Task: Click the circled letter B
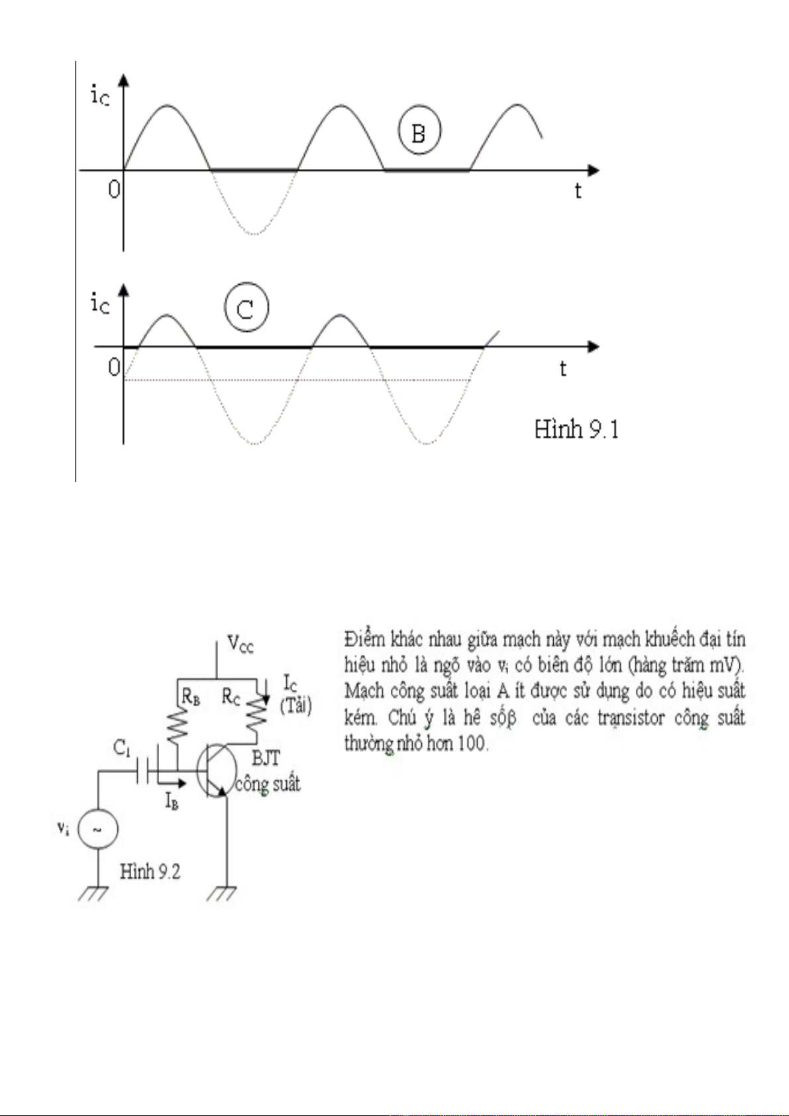[419, 130]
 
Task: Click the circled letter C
[246, 308]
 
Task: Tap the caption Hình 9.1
[576, 430]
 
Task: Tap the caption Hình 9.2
[150, 872]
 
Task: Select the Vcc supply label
[240, 643]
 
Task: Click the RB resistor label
[191, 696]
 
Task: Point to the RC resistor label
[231, 696]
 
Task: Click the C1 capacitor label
[122, 748]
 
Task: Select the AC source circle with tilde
[98, 829]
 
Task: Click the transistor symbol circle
[217, 771]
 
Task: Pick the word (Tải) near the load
[295, 705]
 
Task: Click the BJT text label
[266, 758]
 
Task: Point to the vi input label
[63, 828]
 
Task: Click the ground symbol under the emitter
[221, 893]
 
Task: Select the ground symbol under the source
[93, 893]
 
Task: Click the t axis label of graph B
[578, 191]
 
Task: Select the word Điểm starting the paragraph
[364, 640]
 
